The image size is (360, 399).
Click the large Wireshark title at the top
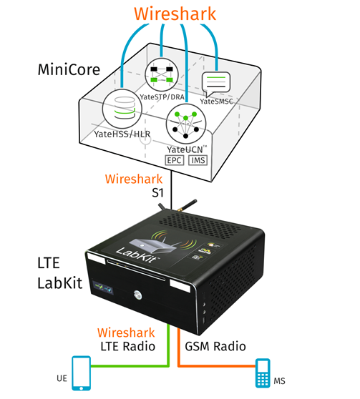click(x=175, y=14)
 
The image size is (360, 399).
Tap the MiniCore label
click(x=69, y=69)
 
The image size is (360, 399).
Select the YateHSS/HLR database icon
click(x=122, y=109)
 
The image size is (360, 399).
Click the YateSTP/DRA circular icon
click(x=162, y=74)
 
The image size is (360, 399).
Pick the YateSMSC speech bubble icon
click(x=216, y=84)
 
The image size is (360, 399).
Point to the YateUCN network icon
click(x=186, y=124)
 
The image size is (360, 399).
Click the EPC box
click(x=174, y=160)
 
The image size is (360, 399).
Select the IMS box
click(x=198, y=160)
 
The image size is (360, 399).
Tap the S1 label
click(x=157, y=192)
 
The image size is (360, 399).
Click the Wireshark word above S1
click(x=134, y=179)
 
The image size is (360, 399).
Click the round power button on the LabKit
click(x=137, y=295)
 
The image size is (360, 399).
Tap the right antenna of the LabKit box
click(x=188, y=205)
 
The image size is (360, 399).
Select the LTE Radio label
click(x=127, y=346)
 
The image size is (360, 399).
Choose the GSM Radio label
click(x=215, y=346)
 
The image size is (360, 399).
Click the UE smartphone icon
click(x=82, y=373)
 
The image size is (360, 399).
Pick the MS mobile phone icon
click(x=263, y=373)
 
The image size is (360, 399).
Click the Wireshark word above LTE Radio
click(x=126, y=332)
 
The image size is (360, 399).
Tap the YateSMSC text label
click(x=216, y=102)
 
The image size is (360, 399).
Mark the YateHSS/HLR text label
click(x=122, y=134)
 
